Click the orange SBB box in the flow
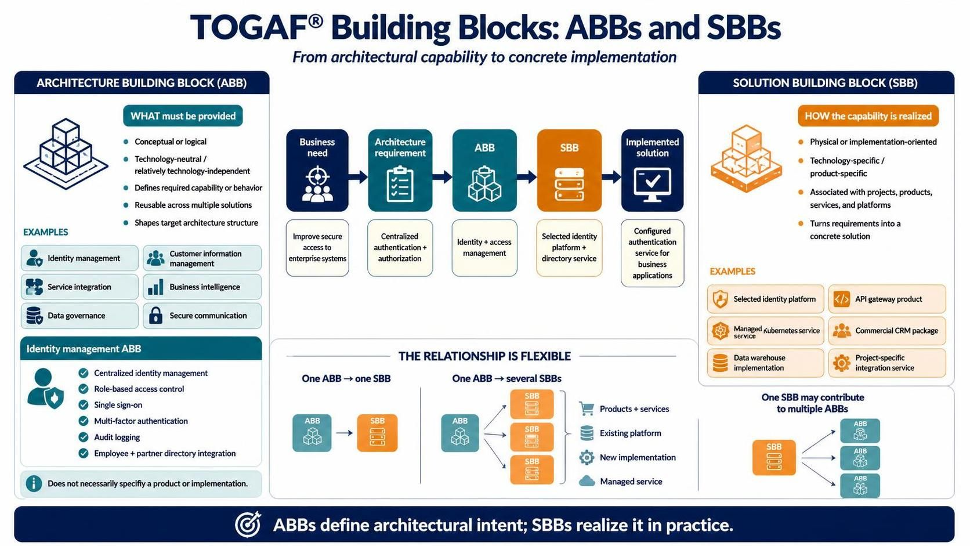[x=569, y=170]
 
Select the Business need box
[x=317, y=170]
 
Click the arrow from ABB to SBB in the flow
[x=527, y=176]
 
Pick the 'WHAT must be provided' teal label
[x=183, y=116]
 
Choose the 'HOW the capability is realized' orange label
[x=868, y=116]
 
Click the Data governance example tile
[x=79, y=316]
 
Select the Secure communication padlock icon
[x=155, y=315]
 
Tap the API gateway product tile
[x=887, y=299]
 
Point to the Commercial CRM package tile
[x=887, y=331]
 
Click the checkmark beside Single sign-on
[x=83, y=405]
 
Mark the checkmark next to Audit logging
[x=83, y=437]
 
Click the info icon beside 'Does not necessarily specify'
[x=34, y=483]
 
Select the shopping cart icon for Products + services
[x=587, y=408]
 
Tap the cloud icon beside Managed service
[x=587, y=481]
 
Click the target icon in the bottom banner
[x=248, y=525]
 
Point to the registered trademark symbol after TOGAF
[x=316, y=21]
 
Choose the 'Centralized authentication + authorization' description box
[x=400, y=248]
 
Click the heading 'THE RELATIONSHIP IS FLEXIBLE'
[x=484, y=356]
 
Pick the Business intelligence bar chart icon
[x=155, y=287]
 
